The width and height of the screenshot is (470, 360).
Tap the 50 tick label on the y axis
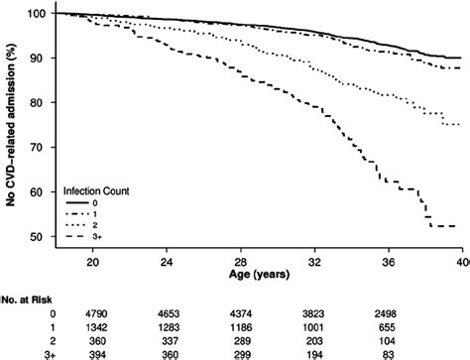pos(36,237)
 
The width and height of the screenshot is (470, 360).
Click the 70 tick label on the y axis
pos(36,148)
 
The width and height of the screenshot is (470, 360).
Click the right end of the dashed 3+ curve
pos(455,227)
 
